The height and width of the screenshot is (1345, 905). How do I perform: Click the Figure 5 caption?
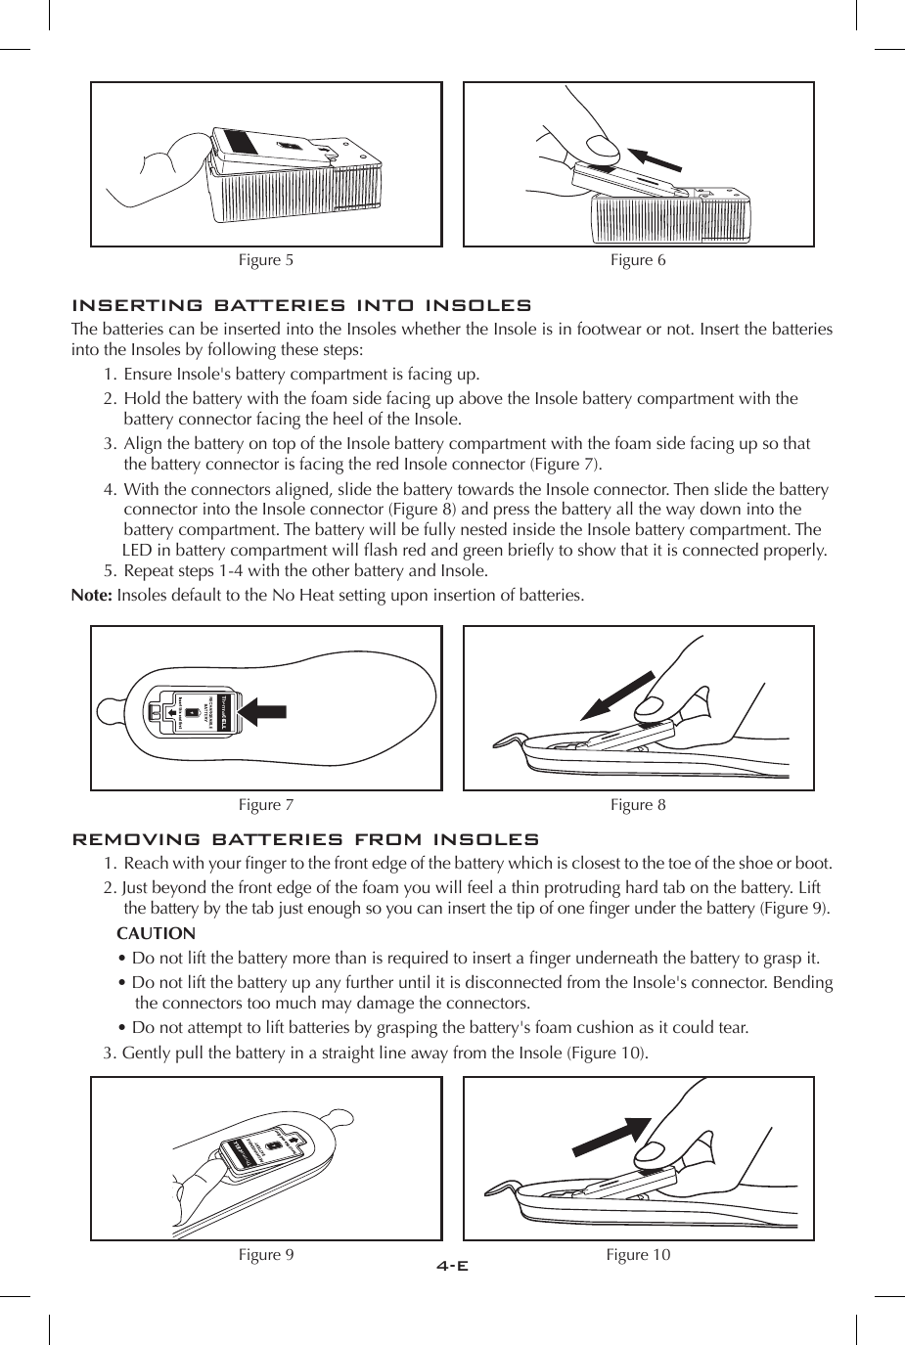click(266, 260)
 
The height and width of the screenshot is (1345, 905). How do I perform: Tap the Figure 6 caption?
click(638, 260)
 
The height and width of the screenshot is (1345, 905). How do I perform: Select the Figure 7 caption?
click(266, 805)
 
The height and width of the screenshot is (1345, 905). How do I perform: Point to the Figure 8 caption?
click(638, 805)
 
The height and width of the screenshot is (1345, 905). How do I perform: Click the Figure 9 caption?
click(266, 1255)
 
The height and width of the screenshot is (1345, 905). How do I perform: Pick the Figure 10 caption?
click(638, 1255)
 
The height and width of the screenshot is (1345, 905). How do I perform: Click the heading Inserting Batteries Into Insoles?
click(302, 306)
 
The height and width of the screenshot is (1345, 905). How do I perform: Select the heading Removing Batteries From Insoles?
click(305, 840)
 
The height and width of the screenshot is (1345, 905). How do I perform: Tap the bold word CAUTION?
click(156, 934)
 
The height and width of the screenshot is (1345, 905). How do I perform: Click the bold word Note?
click(92, 596)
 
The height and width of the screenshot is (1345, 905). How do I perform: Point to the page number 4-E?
click(452, 1266)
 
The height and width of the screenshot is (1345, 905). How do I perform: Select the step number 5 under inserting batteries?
click(109, 571)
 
